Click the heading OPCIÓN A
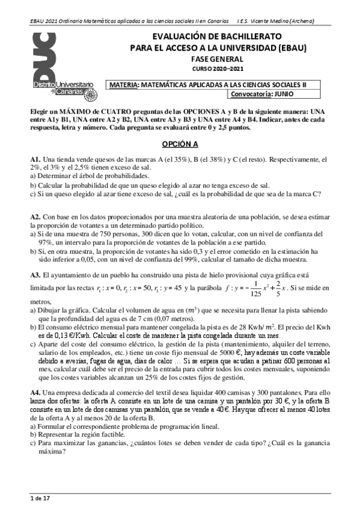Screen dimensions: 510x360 [180, 145]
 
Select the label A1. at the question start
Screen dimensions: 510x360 [36, 159]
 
